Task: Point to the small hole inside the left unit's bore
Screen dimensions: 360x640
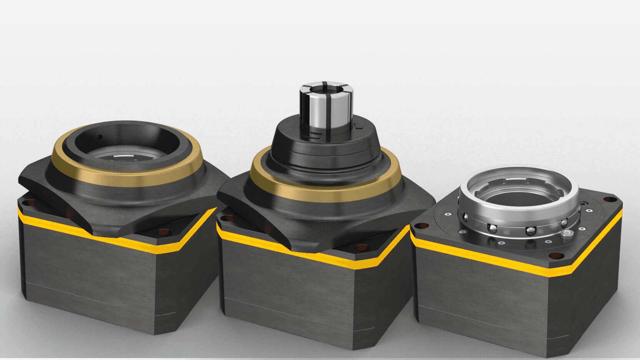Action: (100, 137)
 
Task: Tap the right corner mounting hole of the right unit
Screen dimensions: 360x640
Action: (609, 200)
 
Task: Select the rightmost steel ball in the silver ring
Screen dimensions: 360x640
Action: (564, 223)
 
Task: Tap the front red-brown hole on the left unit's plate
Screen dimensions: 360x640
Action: (163, 233)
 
